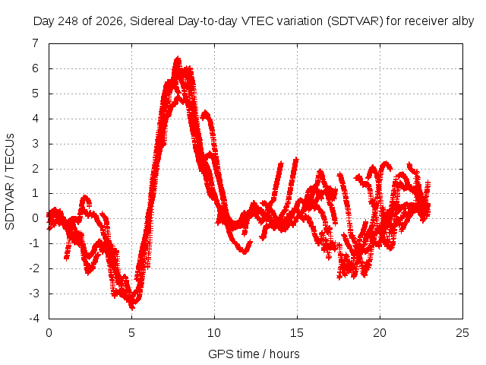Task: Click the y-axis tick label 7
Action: coord(36,43)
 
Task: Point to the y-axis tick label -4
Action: coord(34,319)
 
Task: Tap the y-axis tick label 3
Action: coord(36,144)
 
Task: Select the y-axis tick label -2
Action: coord(34,268)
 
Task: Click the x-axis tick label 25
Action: coord(462,333)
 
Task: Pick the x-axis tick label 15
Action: coord(297,333)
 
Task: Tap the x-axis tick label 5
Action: coord(131,333)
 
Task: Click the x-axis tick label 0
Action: coord(49,333)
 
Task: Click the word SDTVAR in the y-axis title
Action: coord(10,206)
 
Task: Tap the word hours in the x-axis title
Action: coord(284,354)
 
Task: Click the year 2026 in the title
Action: coord(109,21)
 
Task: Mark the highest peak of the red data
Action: coord(178,58)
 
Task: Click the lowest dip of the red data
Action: coord(132,308)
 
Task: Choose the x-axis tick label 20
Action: coord(380,333)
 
